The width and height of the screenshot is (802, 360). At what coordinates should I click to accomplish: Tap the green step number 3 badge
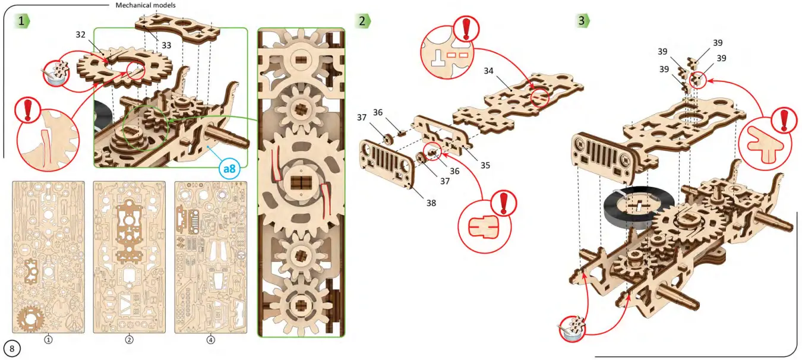pyautogui.click(x=583, y=21)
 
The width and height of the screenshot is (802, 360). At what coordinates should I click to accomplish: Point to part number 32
pyautogui.click(x=81, y=34)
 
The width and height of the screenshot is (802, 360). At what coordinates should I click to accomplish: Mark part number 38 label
pyautogui.click(x=430, y=203)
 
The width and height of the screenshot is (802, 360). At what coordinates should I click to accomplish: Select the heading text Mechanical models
pyautogui.click(x=145, y=5)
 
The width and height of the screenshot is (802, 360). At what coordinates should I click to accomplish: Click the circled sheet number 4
pyautogui.click(x=210, y=340)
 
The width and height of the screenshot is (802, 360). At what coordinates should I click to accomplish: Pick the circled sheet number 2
pyautogui.click(x=130, y=340)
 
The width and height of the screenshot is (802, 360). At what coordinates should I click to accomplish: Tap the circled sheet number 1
pyautogui.click(x=48, y=340)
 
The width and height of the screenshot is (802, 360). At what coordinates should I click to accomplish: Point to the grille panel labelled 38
pyautogui.click(x=387, y=163)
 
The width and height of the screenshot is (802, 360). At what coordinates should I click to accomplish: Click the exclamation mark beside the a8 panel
pyautogui.click(x=27, y=111)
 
